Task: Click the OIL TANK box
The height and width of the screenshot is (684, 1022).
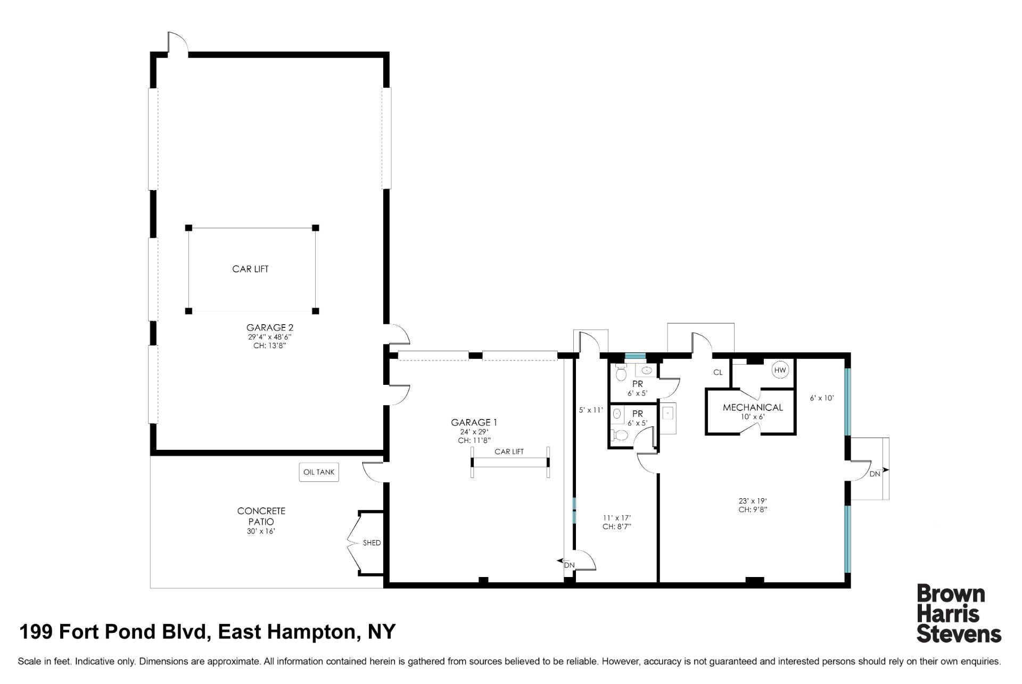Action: (x=318, y=472)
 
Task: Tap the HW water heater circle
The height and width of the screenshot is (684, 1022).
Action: (x=780, y=370)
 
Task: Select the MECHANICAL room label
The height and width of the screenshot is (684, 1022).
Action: (x=753, y=407)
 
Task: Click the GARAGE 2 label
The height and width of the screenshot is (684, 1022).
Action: (x=269, y=328)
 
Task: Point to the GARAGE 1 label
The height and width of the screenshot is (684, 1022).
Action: (x=474, y=423)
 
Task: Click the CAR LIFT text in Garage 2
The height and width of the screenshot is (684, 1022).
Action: (x=250, y=269)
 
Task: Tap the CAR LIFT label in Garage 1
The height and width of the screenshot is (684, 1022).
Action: (x=509, y=451)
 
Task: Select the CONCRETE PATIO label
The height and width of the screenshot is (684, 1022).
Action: (x=261, y=516)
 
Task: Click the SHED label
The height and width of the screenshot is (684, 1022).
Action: (x=372, y=543)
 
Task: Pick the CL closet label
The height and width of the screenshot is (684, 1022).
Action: (x=718, y=373)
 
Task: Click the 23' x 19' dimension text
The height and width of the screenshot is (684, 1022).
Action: (x=752, y=500)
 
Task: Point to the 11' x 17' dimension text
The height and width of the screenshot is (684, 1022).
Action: (x=617, y=517)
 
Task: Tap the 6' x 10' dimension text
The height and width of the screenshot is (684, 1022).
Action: (x=821, y=398)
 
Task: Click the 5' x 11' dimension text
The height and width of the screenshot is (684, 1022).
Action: (x=591, y=410)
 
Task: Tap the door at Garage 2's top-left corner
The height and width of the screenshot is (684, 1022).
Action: (x=177, y=44)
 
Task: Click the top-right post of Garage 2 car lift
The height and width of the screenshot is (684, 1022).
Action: (x=315, y=228)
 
